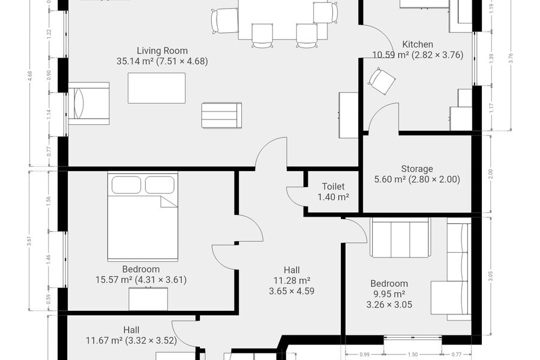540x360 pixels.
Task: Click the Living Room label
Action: pyautogui.click(x=162, y=50)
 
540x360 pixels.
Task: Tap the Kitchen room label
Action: pyautogui.click(x=418, y=44)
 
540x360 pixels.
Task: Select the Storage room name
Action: pyautogui.click(x=417, y=169)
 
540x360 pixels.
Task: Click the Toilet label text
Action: pyautogui.click(x=333, y=187)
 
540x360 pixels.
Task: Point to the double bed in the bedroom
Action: pyautogui.click(x=143, y=217)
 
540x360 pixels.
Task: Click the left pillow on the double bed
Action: pyautogui.click(x=126, y=185)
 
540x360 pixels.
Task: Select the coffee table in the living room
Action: pyautogui.click(x=157, y=88)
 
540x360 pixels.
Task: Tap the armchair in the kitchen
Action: pyautogui.click(x=381, y=81)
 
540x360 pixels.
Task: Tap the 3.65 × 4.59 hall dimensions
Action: pyautogui.click(x=292, y=291)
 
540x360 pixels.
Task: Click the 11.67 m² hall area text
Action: pyautogui.click(x=104, y=341)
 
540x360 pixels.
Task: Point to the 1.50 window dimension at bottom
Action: pyautogui.click(x=413, y=355)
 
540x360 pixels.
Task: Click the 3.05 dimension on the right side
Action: pyautogui.click(x=491, y=276)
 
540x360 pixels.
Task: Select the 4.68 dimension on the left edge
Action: pyautogui.click(x=30, y=76)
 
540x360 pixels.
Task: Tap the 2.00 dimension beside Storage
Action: pyautogui.click(x=491, y=174)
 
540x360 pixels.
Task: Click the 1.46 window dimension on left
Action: pyautogui.click(x=49, y=259)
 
